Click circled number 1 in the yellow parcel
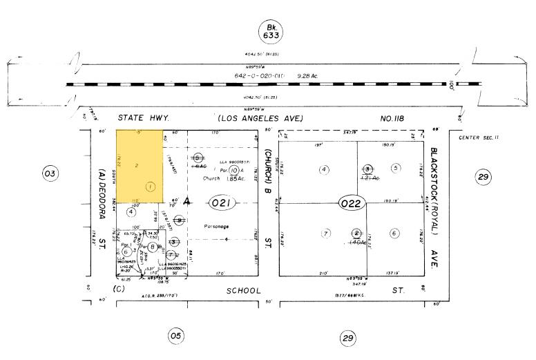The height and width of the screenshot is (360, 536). pyautogui.click(x=151, y=187)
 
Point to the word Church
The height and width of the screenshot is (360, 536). pyautogui.click(x=211, y=178)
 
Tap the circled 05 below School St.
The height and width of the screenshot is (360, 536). pyautogui.click(x=176, y=337)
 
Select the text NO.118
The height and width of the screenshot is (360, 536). pyautogui.click(x=394, y=118)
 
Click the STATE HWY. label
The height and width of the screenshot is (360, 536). pyautogui.click(x=143, y=118)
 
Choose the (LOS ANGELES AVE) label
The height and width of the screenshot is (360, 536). pyautogui.click(x=258, y=118)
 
